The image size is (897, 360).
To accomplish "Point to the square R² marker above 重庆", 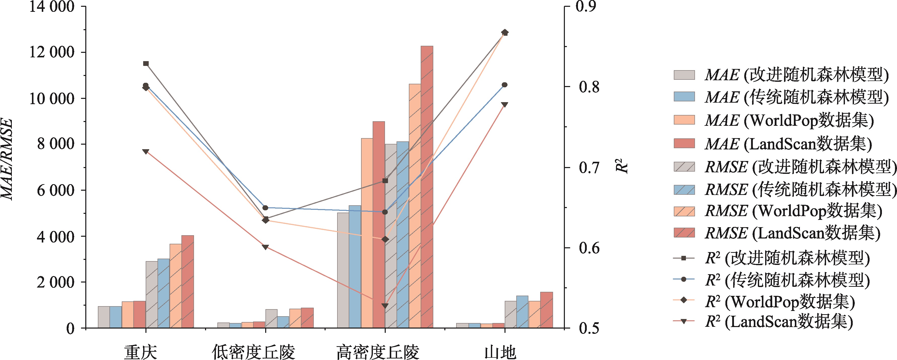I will (146, 63).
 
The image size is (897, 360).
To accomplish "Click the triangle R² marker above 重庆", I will (146, 151).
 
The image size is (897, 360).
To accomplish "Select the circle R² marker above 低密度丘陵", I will (265, 208).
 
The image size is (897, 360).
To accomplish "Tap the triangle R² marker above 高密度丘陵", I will (385, 306).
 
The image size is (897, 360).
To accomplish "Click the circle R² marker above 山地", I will (504, 85).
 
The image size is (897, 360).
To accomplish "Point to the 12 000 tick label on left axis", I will (52, 53).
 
